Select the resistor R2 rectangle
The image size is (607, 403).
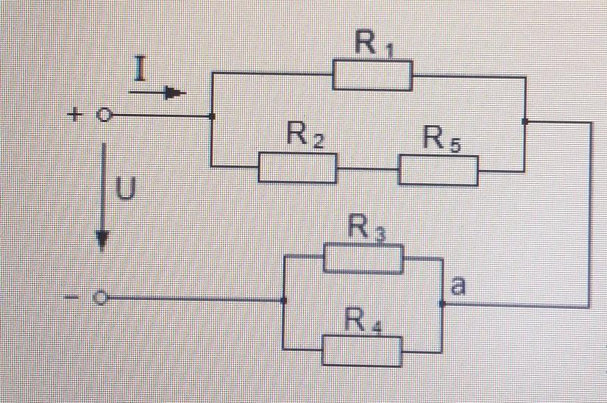click(297, 168)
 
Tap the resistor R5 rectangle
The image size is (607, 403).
click(438, 170)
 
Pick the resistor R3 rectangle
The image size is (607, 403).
click(363, 259)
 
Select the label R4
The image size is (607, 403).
click(365, 321)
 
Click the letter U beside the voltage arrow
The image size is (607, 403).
click(127, 190)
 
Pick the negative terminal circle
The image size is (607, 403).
click(102, 299)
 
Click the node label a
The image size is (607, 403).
click(457, 286)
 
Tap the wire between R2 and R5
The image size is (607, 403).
click(368, 170)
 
